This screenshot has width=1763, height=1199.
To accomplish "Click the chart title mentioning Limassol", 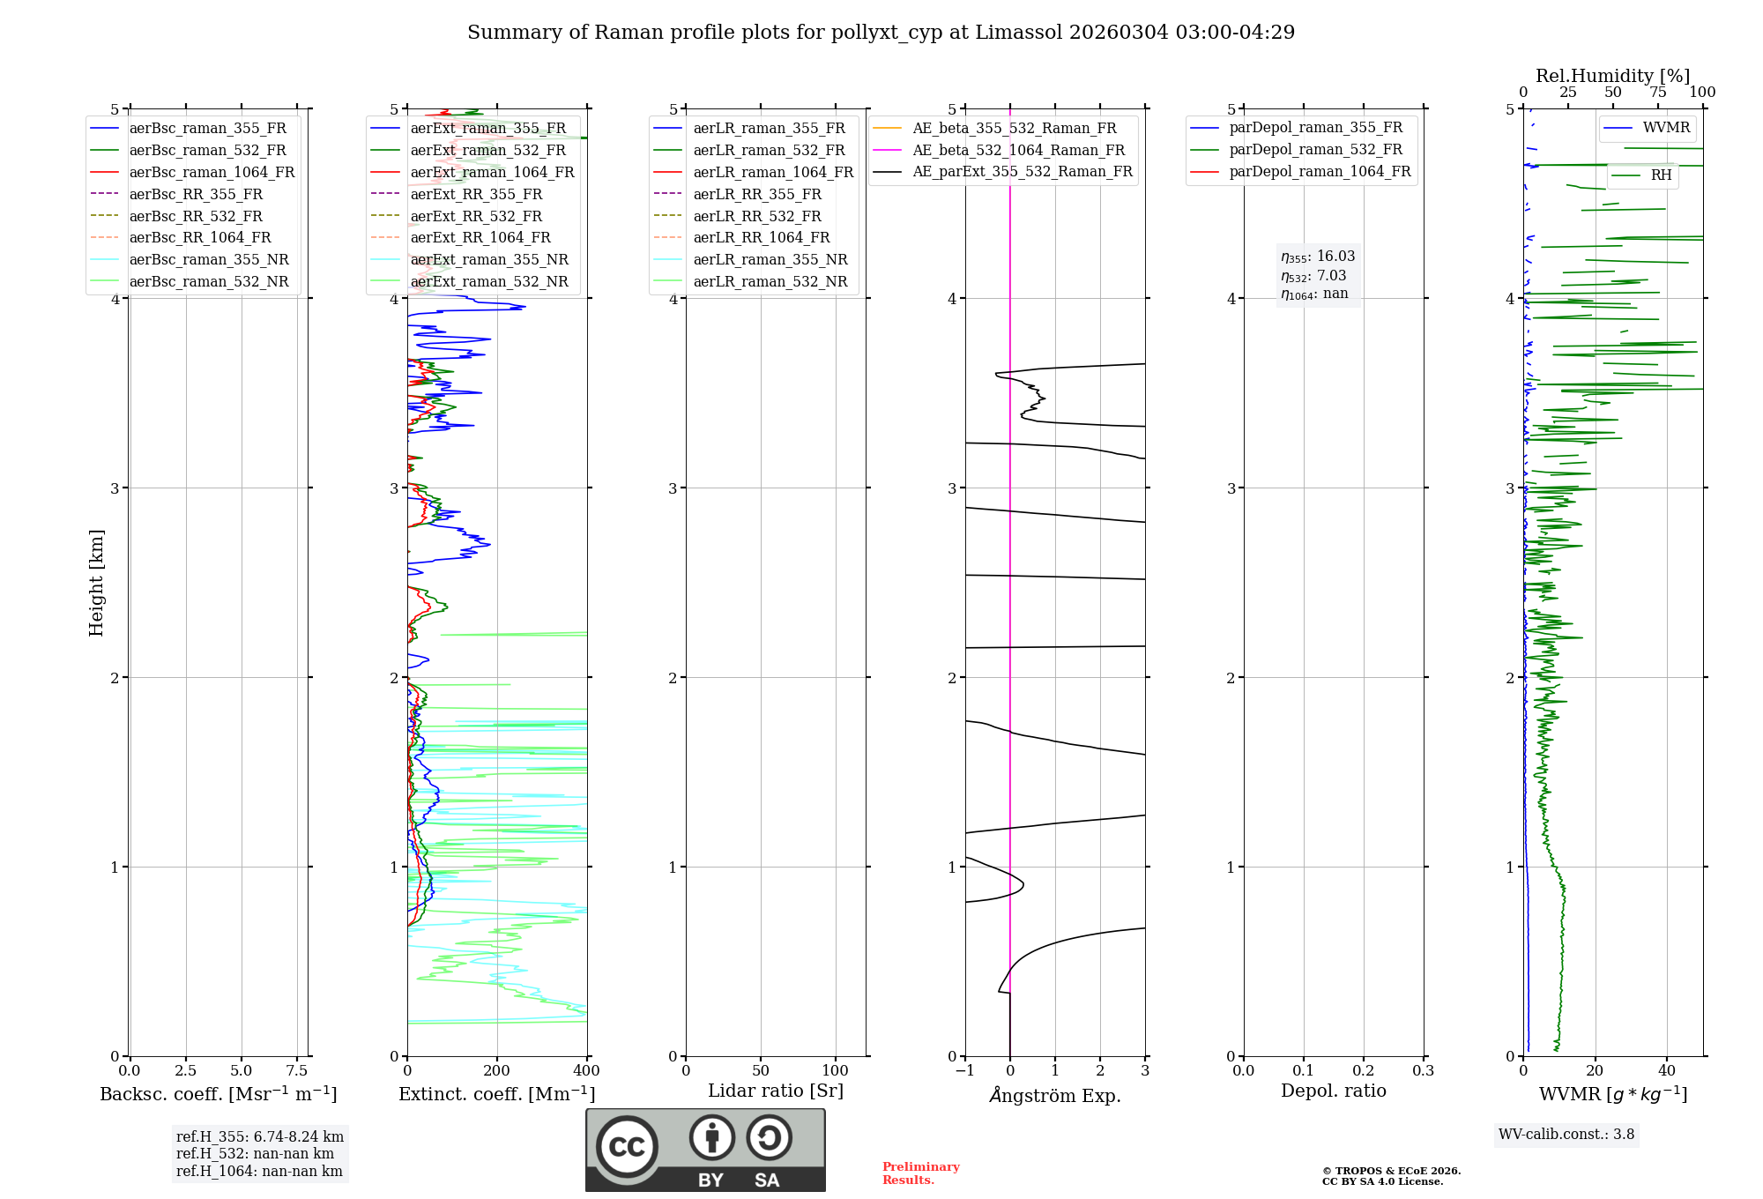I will tap(881, 33).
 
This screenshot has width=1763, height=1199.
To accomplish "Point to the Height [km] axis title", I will tap(96, 583).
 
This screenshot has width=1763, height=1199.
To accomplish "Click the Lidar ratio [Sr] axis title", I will tap(776, 1091).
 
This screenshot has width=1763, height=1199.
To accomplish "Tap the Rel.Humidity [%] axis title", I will tap(1612, 76).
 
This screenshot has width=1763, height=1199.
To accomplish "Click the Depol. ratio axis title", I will tap(1333, 1091).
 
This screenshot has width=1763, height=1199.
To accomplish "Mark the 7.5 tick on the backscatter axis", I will tap(297, 1071).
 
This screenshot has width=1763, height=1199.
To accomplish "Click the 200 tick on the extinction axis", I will tap(497, 1071).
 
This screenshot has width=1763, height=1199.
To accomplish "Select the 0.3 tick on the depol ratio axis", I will tap(1423, 1071).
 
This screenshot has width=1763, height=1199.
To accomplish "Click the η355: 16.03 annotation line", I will tap(1318, 257).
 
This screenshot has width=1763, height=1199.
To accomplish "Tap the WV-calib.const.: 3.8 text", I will tap(1566, 1135).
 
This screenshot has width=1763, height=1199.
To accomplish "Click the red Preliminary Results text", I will tap(920, 1173).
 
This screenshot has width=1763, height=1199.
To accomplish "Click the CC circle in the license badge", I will tap(627, 1147).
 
